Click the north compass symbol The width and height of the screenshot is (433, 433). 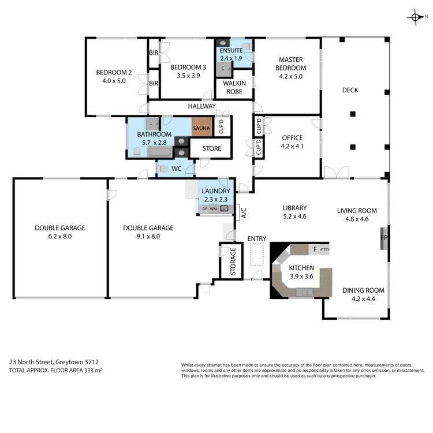coord(416,18)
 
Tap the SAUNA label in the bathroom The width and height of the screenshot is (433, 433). coord(202,128)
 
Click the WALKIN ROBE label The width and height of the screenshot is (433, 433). coord(234,88)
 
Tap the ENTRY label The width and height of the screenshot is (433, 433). coord(257,238)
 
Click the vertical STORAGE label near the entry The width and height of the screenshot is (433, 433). coord(233,262)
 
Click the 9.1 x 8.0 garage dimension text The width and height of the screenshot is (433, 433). coord(148,236)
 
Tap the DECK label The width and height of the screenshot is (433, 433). coord(350,90)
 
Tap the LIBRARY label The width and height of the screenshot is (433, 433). coord(294,208)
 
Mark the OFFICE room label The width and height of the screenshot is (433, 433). coord(292,138)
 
